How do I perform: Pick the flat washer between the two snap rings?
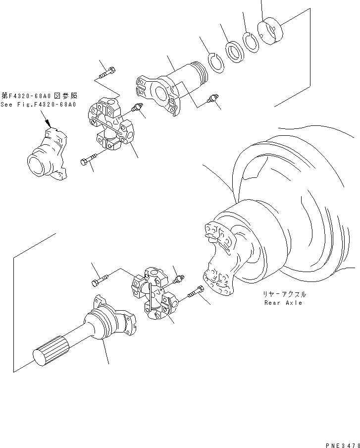pos(235,53)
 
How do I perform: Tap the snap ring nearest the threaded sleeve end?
pos(216,63)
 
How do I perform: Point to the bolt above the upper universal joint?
pos(107,72)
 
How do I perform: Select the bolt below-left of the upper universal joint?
pos(90,160)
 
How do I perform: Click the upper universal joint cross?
pos(111,124)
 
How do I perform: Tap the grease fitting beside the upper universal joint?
pos(137,108)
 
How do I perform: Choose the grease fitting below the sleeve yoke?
pos(211,98)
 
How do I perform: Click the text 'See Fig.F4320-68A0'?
pos(38,105)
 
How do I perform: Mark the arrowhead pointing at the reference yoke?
pos(49,124)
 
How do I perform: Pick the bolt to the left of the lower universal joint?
pos(100,280)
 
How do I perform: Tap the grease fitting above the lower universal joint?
pos(178,279)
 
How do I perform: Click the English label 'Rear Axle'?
pos(283,303)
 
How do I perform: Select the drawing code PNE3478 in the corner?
pos(343,445)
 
